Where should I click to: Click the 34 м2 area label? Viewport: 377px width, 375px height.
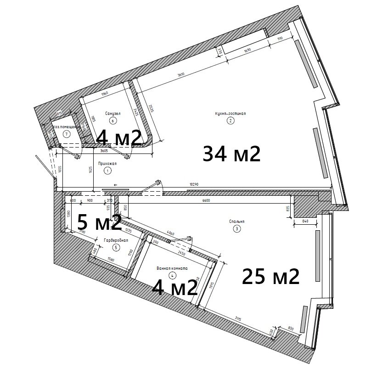(231, 153)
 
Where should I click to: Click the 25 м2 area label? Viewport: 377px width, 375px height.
(270, 276)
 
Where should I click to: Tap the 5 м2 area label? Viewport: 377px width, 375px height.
(99, 222)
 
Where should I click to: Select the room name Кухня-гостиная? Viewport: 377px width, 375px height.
(231, 114)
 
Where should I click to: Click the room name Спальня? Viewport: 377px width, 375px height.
(236, 221)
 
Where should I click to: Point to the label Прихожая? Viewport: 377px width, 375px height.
(107, 163)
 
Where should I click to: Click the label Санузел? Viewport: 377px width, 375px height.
(113, 113)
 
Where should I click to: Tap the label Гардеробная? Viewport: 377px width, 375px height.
(116, 240)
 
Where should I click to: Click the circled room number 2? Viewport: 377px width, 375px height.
(231, 121)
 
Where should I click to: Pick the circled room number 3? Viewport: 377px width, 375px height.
(236, 228)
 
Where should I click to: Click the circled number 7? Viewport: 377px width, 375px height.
(67, 134)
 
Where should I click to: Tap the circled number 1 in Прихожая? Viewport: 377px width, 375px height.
(107, 170)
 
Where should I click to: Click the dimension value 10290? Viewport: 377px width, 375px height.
(195, 184)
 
